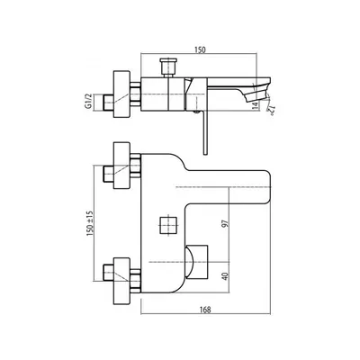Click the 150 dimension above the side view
coord(200,49)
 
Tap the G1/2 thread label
coord(88,102)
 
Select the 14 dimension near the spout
coord(255,104)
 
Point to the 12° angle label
coord(270,111)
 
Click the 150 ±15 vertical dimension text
coord(90,223)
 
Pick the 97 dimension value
coord(225,223)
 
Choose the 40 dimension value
coord(225,276)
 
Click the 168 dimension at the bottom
coord(205,310)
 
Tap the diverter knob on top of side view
coord(168,67)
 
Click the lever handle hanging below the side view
coord(205,132)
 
